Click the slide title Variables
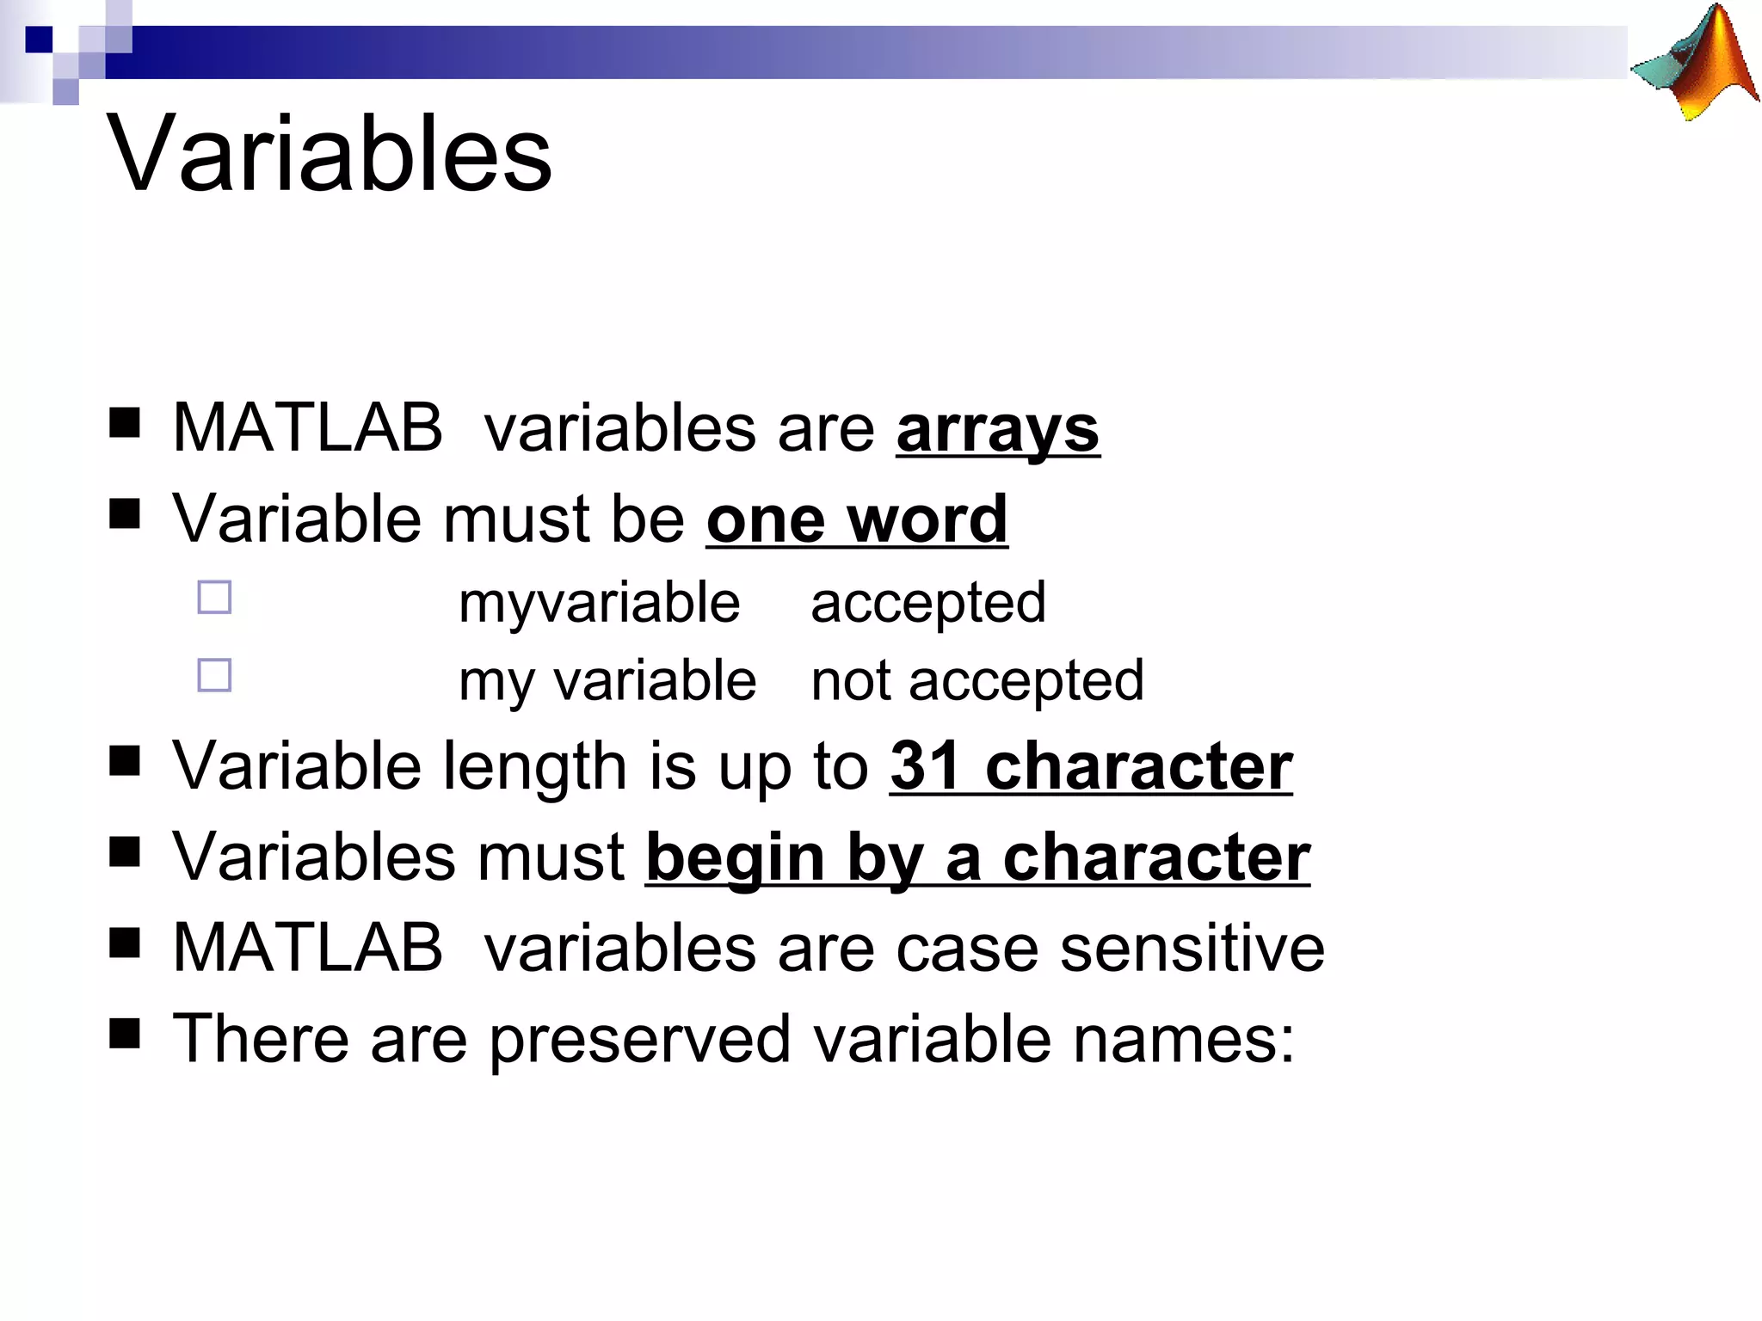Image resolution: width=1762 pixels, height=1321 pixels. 330,155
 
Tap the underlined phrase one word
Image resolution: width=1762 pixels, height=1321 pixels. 857,519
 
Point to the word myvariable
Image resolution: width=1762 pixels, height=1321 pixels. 599,602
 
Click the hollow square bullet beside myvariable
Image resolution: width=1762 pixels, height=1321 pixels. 214,598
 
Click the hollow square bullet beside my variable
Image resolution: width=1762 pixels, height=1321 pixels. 214,675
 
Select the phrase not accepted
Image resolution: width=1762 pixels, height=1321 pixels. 977,680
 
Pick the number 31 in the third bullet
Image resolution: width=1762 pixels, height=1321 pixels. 925,765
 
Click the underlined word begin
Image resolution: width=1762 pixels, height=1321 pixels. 736,857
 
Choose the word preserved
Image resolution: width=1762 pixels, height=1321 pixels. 640,1039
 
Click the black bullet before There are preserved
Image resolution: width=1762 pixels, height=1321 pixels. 125,1035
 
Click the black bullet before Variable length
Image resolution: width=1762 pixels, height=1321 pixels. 125,761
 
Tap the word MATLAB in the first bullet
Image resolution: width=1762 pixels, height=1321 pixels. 307,427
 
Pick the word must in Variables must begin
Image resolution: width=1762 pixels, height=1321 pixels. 551,857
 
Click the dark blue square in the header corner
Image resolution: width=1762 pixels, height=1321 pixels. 39,40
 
